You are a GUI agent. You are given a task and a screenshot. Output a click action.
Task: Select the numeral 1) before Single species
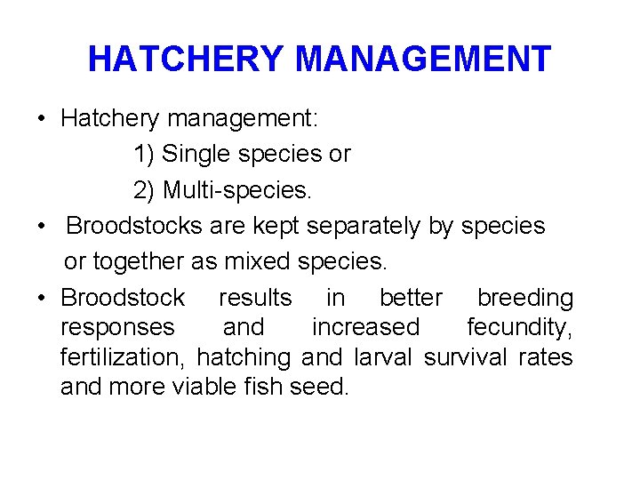[x=144, y=154]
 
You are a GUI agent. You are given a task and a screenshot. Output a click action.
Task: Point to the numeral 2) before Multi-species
[x=144, y=189]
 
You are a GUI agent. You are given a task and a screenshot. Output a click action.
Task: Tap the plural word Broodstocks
[x=134, y=226]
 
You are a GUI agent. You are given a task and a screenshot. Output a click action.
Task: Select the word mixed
[x=258, y=262]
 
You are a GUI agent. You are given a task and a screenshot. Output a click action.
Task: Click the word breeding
[x=524, y=298]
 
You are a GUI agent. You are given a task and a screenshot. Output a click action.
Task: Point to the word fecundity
[x=520, y=327]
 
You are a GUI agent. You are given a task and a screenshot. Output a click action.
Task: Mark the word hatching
[x=244, y=357]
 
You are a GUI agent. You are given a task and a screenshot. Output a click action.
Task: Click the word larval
[x=384, y=357]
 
